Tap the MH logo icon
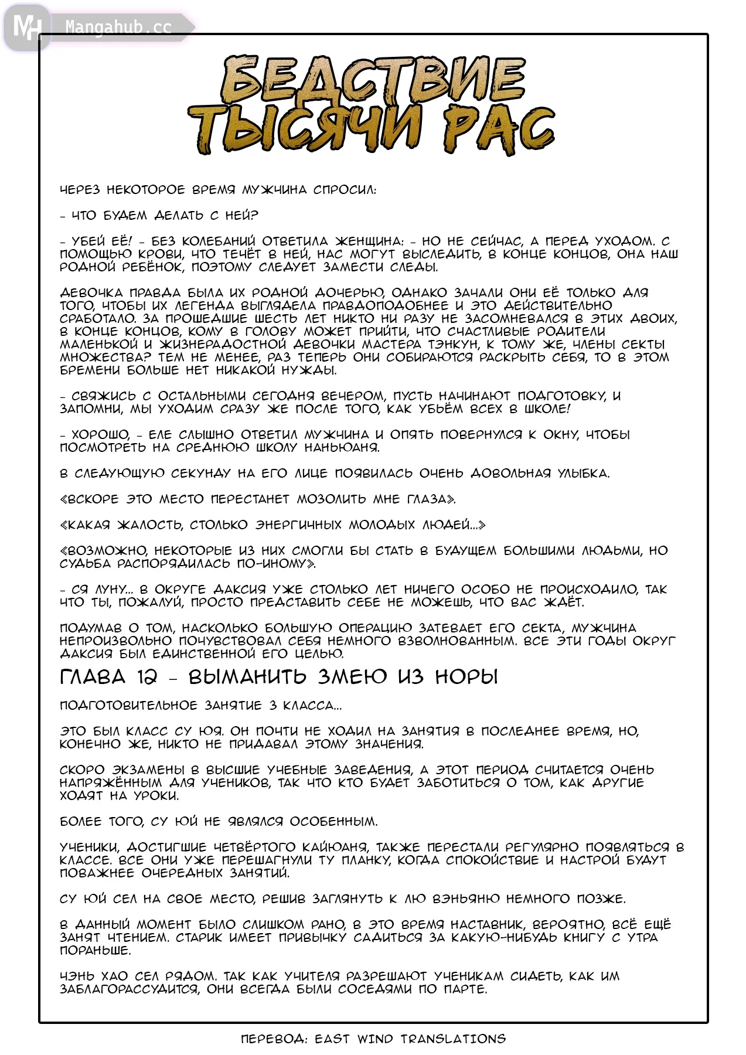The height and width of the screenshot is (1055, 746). click(x=26, y=27)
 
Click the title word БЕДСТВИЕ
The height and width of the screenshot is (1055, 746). click(x=373, y=80)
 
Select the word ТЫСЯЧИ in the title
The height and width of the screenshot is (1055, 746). click(x=305, y=129)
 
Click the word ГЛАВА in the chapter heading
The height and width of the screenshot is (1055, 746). click(x=93, y=677)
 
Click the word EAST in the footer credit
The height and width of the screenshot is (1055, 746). click(x=332, y=1039)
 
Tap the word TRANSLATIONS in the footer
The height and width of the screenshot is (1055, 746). click(x=453, y=1039)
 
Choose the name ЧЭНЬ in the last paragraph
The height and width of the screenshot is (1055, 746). click(x=77, y=976)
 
